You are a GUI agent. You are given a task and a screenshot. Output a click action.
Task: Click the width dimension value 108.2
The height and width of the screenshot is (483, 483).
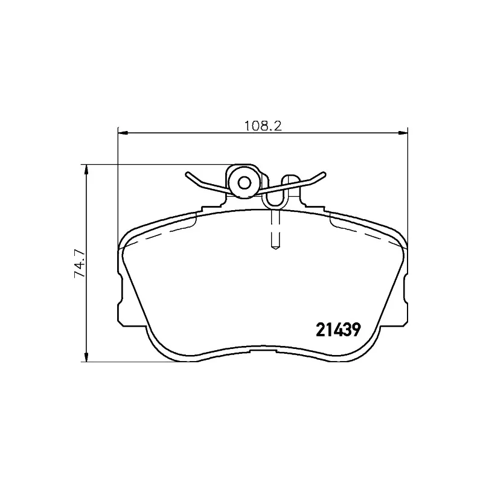[264, 126]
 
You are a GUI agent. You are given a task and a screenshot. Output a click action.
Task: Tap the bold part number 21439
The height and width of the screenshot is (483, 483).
[339, 330]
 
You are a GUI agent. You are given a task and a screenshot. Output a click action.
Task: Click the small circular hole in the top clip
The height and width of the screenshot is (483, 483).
[245, 182]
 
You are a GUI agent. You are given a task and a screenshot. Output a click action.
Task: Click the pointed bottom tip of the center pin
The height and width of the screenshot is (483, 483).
[275, 247]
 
